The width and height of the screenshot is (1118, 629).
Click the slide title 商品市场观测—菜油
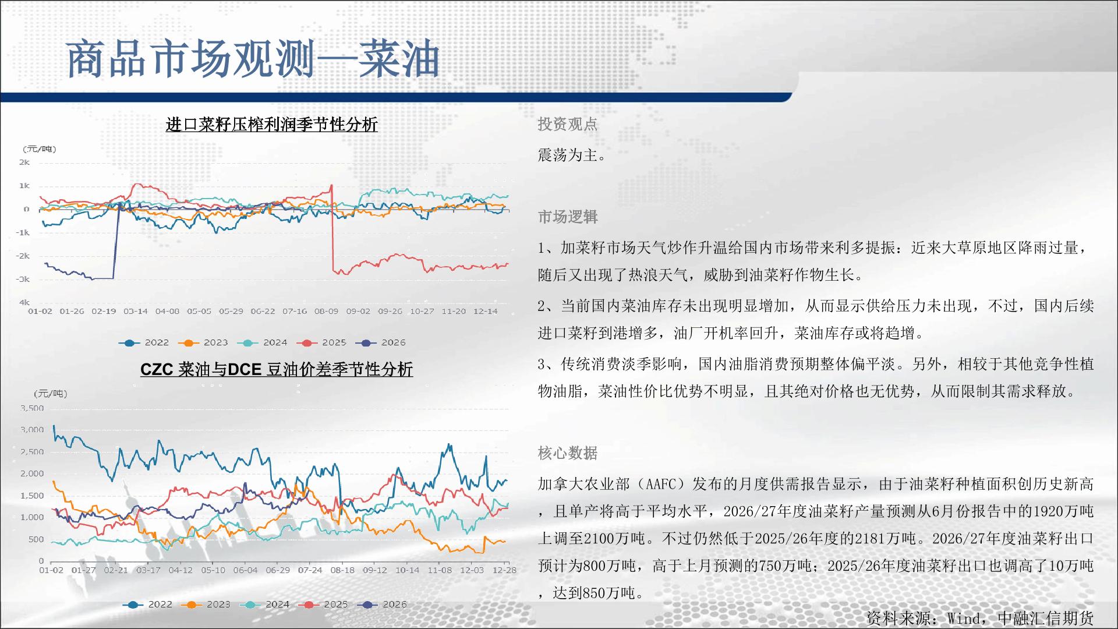coord(253,59)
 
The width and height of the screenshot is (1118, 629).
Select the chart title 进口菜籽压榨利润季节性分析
coord(272,125)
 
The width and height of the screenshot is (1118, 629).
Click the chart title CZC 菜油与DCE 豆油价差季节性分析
coord(277,369)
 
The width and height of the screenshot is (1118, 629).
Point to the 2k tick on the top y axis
coord(24,162)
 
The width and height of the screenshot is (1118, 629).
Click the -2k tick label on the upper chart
coord(23,256)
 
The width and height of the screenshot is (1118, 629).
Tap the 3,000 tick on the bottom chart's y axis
coord(32,430)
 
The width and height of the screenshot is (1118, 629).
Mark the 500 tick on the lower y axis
coord(36,539)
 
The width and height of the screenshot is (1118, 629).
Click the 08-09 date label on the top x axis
coord(326,311)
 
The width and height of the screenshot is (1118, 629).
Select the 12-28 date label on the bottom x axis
coord(504,570)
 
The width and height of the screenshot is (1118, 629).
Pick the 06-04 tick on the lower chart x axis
coord(245,570)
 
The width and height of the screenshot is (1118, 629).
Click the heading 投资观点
coord(567,124)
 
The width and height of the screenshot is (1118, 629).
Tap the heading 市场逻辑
coord(567,217)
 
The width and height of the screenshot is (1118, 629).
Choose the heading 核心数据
coord(567,453)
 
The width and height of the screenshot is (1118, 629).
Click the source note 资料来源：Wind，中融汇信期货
coord(980,618)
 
